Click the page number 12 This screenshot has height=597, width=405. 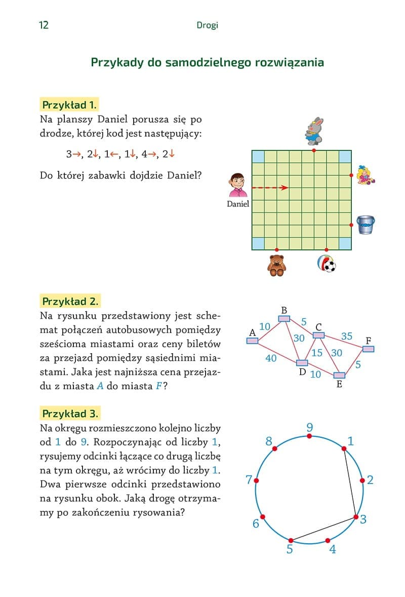(44, 25)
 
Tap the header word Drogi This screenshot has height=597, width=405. (207, 25)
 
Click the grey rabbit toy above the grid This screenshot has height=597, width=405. (314, 131)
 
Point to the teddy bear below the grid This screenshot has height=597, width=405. (276, 265)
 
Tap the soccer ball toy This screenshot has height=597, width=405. (326, 264)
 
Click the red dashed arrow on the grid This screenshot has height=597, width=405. (269, 188)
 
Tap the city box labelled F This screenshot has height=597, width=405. (368, 349)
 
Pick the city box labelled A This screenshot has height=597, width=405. (252, 341)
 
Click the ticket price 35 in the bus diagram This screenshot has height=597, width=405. (346, 336)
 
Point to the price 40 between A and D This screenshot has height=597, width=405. (271, 358)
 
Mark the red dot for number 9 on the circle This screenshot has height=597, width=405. (310, 436)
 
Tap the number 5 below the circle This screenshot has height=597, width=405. (290, 549)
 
